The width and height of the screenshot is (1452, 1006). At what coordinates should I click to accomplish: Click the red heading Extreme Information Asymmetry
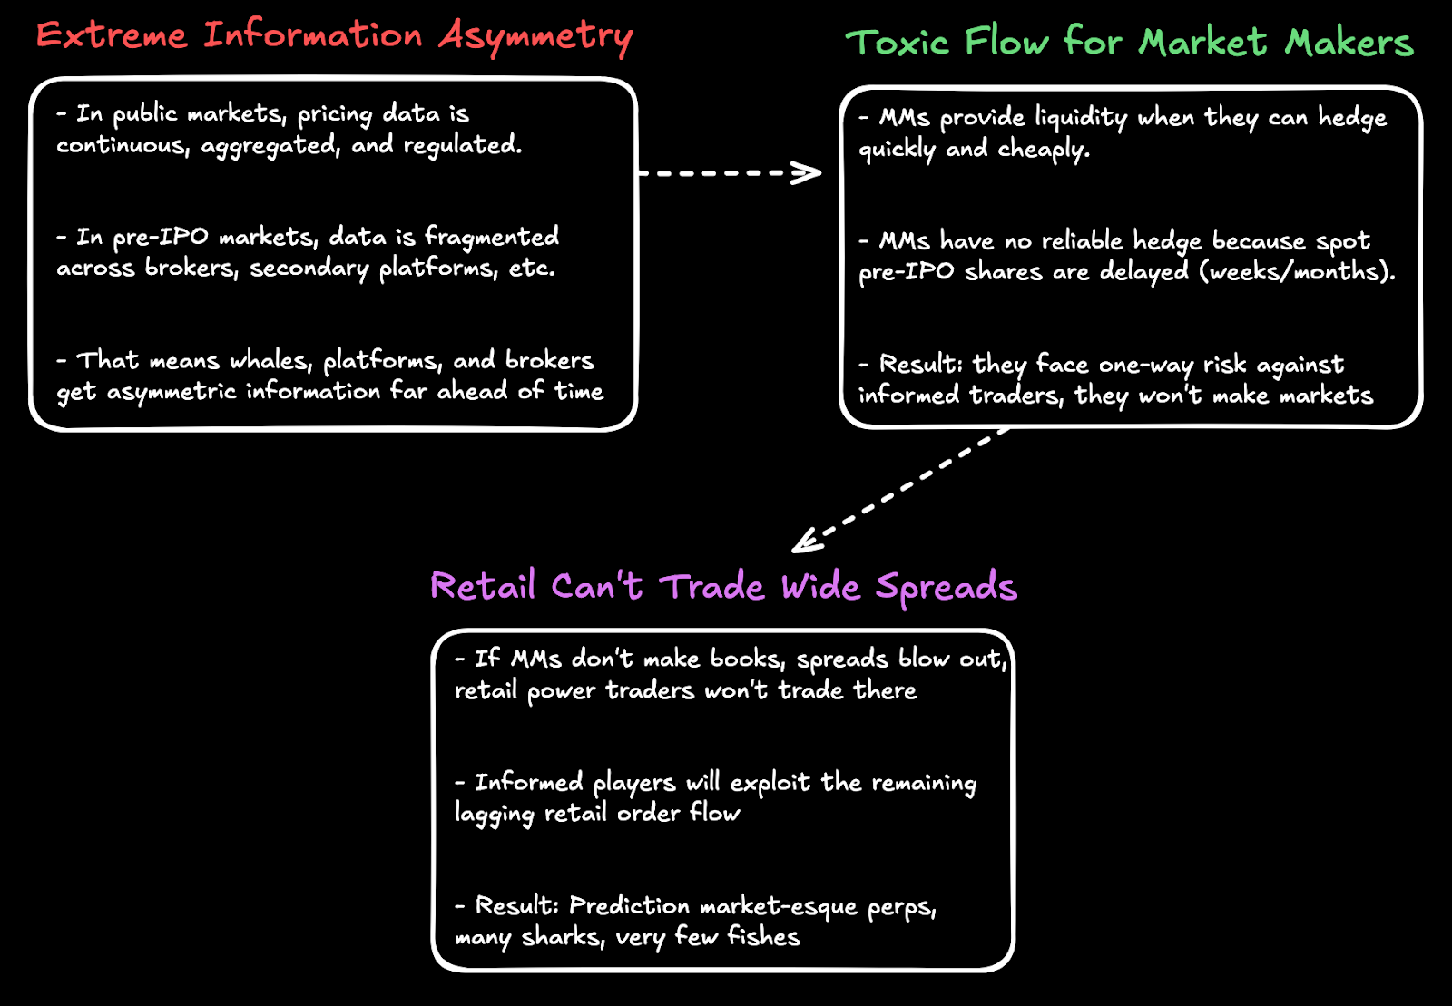(334, 36)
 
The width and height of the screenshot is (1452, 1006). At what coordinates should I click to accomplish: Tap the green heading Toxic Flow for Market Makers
(1129, 43)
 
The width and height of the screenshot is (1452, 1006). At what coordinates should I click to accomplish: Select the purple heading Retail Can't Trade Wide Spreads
(723, 587)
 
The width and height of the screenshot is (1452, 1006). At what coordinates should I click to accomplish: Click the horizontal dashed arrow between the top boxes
(730, 172)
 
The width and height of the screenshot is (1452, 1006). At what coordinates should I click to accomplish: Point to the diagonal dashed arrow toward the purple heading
(898, 491)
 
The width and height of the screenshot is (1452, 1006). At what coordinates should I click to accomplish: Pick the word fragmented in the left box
(492, 237)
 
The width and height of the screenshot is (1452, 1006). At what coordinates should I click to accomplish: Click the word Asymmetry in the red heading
(535, 36)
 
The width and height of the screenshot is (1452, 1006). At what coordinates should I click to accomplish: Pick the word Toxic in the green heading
(898, 43)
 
